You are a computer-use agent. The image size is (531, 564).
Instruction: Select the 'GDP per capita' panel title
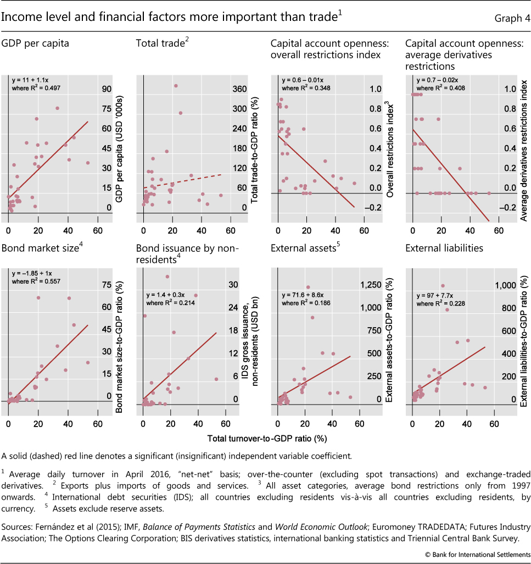pos(36,43)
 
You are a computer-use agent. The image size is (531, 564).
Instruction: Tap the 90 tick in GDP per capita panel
pos(107,89)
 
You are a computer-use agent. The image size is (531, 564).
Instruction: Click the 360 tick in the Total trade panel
pos(240,89)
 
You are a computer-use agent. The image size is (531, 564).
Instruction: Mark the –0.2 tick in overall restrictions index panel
pos(375,208)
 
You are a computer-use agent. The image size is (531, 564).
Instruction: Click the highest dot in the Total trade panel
pos(176,86)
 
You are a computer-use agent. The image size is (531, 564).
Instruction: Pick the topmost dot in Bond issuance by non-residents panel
pos(167,277)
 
